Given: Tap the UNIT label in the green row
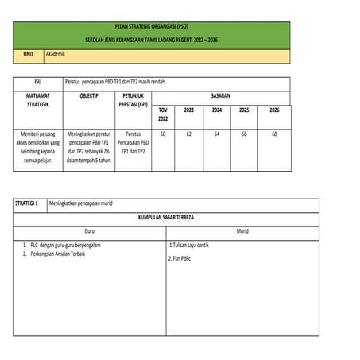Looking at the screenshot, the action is coord(28,54).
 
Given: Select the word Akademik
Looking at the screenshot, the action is coord(58,54).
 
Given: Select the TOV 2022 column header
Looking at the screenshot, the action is coord(164,114).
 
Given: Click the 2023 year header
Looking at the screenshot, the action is coord(189,110).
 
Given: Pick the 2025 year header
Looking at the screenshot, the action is coord(244,110).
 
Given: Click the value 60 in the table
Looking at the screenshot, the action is coord(163,134).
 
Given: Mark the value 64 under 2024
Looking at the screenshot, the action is coord(216,134).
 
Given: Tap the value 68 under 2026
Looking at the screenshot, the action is coord(274,134).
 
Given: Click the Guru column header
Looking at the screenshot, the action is coord(89,230).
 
